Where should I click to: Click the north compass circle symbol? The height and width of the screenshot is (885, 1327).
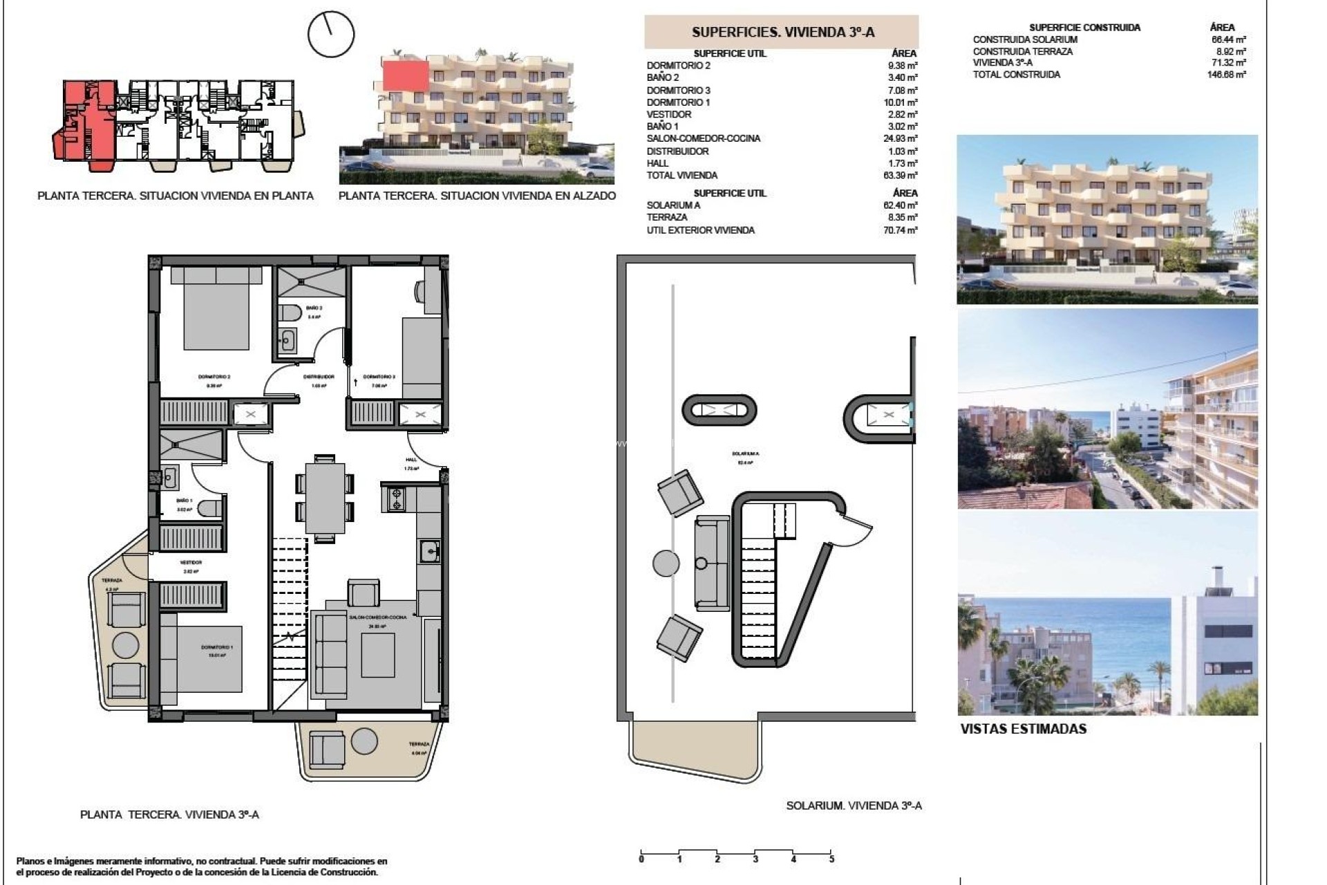coord(331,34)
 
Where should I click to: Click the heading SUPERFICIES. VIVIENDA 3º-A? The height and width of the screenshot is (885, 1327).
coord(782,32)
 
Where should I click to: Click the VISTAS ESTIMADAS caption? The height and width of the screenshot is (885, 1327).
coord(1023,729)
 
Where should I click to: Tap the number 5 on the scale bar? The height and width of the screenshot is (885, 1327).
coord(831,859)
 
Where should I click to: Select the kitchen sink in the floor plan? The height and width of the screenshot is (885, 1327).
coord(429,551)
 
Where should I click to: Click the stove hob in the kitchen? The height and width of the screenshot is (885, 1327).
coord(397,499)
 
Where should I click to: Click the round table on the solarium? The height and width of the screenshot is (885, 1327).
coord(666,563)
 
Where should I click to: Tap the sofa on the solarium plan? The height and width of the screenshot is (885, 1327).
coord(712,563)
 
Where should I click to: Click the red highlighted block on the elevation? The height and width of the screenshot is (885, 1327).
coord(406,75)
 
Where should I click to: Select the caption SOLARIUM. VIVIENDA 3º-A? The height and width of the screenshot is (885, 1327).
coord(854,805)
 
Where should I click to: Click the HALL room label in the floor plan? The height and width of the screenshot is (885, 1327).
coord(411,460)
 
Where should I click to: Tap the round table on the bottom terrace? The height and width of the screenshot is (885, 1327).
coord(364,742)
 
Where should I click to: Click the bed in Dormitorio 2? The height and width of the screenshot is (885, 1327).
coord(216,308)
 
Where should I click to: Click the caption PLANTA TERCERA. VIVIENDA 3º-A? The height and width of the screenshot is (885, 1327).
coord(169,814)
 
